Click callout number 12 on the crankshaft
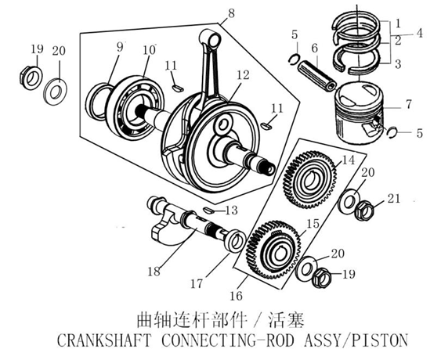[x=244, y=76]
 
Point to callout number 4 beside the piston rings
[x=421, y=34]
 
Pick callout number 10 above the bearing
[x=149, y=51]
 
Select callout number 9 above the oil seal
[x=121, y=47]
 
